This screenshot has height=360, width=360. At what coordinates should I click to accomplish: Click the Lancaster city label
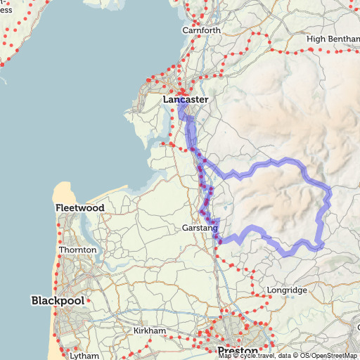pyautogui.click(x=186, y=100)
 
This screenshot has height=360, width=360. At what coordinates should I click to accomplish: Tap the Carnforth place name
pyautogui.click(x=201, y=30)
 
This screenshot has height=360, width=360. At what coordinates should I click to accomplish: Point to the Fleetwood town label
pyautogui.click(x=80, y=208)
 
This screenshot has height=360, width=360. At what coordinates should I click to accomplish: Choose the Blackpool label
pyautogui.click(x=58, y=300)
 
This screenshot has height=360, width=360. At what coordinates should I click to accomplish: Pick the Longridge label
pyautogui.click(x=287, y=290)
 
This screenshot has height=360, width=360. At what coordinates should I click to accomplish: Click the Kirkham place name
pyautogui.click(x=149, y=330)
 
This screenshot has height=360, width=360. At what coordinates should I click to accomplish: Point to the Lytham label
pyautogui.click(x=84, y=356)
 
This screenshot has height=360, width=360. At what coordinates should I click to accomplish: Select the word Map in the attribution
pyautogui.click(x=224, y=356)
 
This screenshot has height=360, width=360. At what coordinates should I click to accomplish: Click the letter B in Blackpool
pyautogui.click(x=35, y=300)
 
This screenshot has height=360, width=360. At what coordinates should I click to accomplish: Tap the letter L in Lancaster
pyautogui.click(x=166, y=100)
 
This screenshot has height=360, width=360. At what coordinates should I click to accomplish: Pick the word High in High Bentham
pyautogui.click(x=317, y=39)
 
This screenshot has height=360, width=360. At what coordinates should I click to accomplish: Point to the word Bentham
pyautogui.click(x=342, y=39)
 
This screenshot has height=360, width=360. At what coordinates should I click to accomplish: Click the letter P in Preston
pyautogui.click(x=222, y=350)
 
